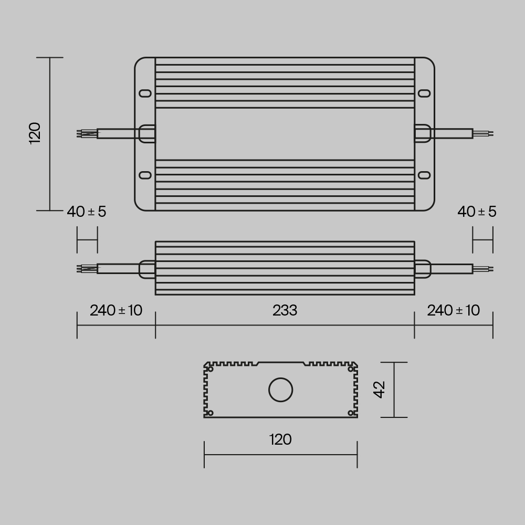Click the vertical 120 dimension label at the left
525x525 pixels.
tap(35, 133)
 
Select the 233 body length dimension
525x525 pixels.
tap(285, 311)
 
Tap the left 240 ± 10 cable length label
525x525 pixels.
tap(116, 311)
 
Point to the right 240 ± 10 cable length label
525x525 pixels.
tap(453, 311)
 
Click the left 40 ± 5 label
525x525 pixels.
tap(87, 212)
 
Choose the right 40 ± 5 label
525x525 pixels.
tap(477, 212)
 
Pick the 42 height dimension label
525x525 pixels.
tap(380, 390)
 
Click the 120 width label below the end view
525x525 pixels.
tap(280, 439)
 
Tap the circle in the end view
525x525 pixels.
tap(281, 390)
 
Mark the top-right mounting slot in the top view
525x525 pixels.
tap(424, 93)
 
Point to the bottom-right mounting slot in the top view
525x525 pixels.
tap(424, 175)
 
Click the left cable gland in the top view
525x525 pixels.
tap(146, 133)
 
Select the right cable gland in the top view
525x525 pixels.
tap(423, 133)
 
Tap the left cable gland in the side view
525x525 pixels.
tap(146, 269)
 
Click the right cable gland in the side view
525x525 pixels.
tap(423, 269)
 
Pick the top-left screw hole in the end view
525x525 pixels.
tap(211, 370)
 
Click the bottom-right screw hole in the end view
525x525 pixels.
tap(351, 413)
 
